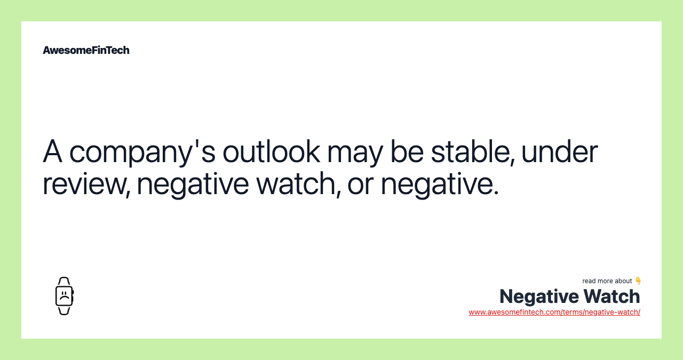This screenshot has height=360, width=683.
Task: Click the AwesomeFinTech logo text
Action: tap(86, 50)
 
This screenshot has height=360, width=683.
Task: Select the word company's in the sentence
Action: tap(142, 151)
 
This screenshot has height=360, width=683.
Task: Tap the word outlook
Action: tap(271, 151)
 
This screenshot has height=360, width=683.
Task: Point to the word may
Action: tap(355, 151)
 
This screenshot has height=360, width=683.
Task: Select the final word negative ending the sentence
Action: tap(439, 183)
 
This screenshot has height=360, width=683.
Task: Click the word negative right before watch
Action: tap(193, 183)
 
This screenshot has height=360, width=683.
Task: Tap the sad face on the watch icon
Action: tap(64, 295)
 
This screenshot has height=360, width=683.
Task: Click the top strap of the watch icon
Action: tap(64, 282)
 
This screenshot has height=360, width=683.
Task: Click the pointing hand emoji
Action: tap(638, 281)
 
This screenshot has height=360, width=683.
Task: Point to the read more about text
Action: tap(607, 281)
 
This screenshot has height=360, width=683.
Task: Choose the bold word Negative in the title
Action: tap(538, 297)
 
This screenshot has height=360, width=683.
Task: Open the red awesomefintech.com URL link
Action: tap(554, 312)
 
